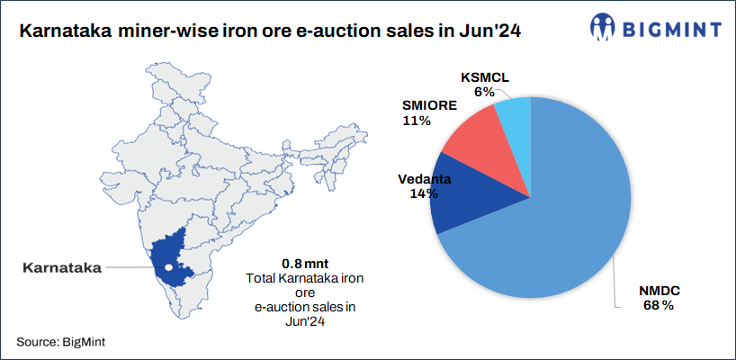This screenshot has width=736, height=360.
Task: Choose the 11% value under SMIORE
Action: pyautogui.click(x=417, y=121)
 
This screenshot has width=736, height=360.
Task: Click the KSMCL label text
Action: pyautogui.click(x=484, y=76)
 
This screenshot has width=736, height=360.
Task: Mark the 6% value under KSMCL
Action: pyautogui.click(x=484, y=91)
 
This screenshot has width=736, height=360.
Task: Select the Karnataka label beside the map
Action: pyautogui.click(x=62, y=267)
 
